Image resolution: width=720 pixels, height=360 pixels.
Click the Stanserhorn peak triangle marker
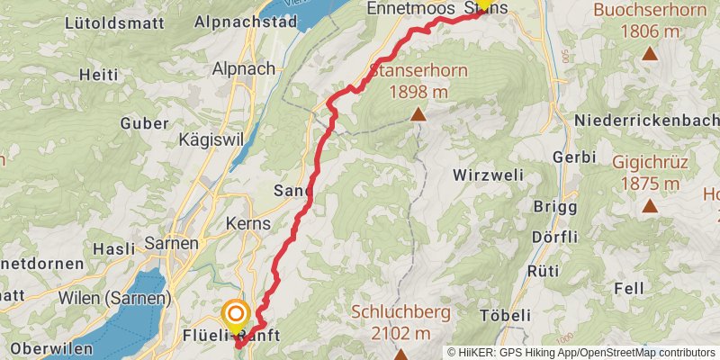pyautogui.click(x=418, y=114)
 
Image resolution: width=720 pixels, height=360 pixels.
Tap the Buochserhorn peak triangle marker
pyautogui.click(x=649, y=53)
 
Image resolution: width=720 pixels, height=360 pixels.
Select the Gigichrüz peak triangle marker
pyautogui.click(x=649, y=206)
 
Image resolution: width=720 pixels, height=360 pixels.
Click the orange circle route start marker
pyautogui.click(x=236, y=314)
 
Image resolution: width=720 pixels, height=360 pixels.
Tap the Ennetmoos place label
pyautogui.click(x=408, y=8)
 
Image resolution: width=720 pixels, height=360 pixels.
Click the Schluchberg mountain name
pyautogui.click(x=400, y=312)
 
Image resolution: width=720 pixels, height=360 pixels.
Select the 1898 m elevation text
pyautogui.click(x=418, y=91)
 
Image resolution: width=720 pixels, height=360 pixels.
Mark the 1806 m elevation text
pyautogui.click(x=649, y=31)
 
